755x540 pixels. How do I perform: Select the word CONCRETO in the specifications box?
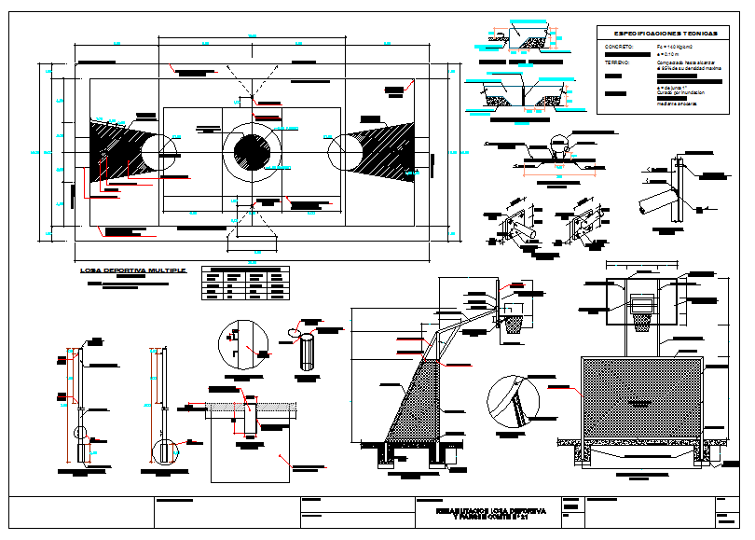click(x=619, y=46)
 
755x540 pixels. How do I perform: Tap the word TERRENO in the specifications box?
click(x=617, y=62)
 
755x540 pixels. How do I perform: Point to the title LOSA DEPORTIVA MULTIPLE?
click(x=133, y=270)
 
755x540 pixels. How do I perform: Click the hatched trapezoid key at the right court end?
click(x=387, y=151)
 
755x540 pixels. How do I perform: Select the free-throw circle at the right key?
click(x=345, y=151)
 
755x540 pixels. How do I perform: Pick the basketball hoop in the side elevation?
click(x=513, y=323)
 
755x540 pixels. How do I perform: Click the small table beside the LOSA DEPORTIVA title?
click(x=245, y=284)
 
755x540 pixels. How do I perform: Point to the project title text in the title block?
click(x=488, y=513)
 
